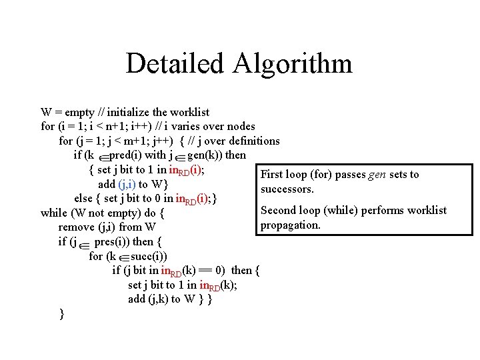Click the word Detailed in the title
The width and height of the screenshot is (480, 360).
[x=175, y=63]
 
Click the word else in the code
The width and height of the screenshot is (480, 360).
[x=83, y=198]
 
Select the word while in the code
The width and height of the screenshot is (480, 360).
[x=54, y=213]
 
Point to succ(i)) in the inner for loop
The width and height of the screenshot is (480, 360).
[x=149, y=256]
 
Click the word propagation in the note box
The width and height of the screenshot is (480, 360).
[x=291, y=225]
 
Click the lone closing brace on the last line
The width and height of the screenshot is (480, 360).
[x=61, y=313]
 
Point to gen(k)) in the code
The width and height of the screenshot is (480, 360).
[x=207, y=155]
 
